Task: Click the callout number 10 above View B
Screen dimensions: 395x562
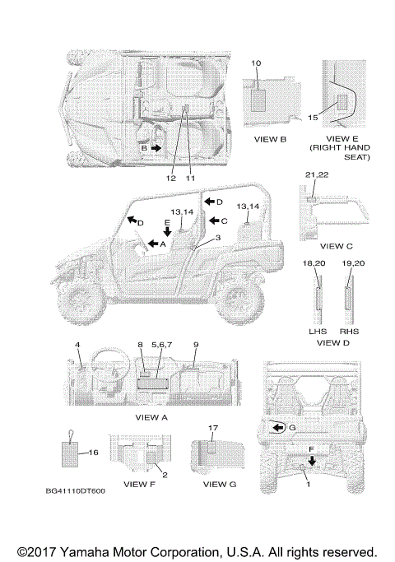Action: point(256,63)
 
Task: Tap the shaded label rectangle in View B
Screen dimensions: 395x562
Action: point(258,100)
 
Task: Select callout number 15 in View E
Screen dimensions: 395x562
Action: point(313,117)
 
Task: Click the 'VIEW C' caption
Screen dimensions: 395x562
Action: point(337,246)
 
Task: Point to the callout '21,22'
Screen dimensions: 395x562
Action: point(317,174)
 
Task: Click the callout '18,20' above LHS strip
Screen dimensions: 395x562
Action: point(314,263)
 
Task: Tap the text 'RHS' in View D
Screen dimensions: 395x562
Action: point(349,331)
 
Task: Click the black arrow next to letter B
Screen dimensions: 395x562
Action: point(156,148)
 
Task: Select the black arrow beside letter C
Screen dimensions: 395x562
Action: point(214,221)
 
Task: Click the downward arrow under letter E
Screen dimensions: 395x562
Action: point(167,231)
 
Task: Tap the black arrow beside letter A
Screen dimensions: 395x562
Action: point(153,244)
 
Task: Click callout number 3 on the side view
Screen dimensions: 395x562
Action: point(217,238)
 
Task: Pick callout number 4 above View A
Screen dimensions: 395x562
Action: point(77,345)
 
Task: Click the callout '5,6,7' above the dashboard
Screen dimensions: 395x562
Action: point(161,345)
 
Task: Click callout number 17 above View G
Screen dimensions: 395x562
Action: point(213,428)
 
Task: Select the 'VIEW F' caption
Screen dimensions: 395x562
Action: point(139,484)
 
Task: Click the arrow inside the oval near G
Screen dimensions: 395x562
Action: point(278,428)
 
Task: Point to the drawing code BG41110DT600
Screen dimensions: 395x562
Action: point(75,491)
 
